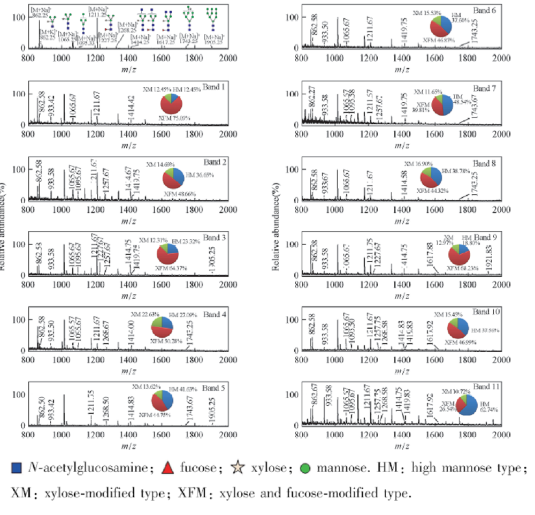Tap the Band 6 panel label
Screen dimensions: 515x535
click(486, 10)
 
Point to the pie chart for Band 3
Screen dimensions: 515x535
click(167, 253)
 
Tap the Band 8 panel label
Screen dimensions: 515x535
click(486, 163)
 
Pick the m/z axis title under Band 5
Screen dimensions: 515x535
click(129, 447)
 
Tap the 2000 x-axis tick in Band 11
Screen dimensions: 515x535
click(501, 436)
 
